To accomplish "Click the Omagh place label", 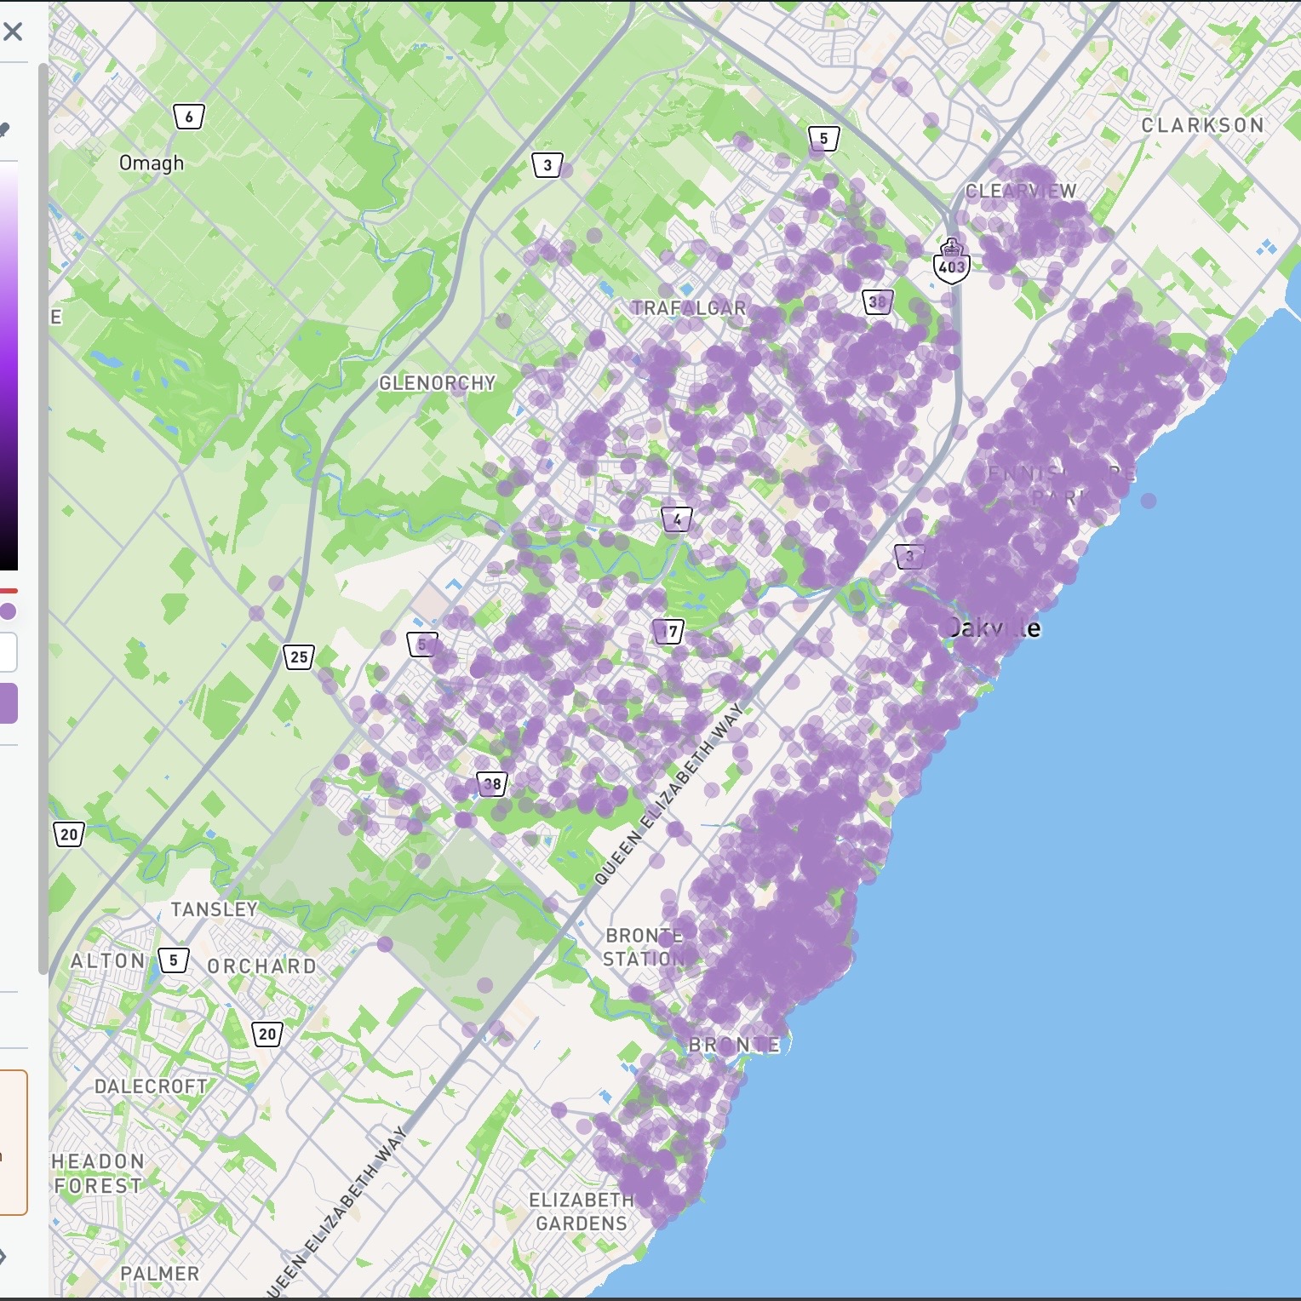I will pos(151,163).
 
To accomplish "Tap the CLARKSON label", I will pos(1202,125).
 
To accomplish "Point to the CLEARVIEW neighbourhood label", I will pos(1020,191).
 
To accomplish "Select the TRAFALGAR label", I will pos(688,308).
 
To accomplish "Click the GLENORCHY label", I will pos(437,383).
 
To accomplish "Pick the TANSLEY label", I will pos(215,909).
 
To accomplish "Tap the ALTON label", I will pos(107,961).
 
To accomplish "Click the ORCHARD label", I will pos(261,966).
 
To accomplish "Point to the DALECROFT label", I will pos(151,1086).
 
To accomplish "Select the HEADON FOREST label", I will pos(97,1173).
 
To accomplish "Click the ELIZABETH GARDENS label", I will pos(582,1212).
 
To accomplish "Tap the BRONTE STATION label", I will pos(644,947).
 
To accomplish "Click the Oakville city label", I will pos(993,628).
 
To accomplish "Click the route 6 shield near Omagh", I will pos(189,117).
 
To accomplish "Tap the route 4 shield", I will pos(677,519).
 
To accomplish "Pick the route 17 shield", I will pos(670,631).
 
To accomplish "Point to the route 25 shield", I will pos(299,656).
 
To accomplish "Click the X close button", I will pos(13,32).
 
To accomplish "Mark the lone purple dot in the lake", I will pos(1149,501).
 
